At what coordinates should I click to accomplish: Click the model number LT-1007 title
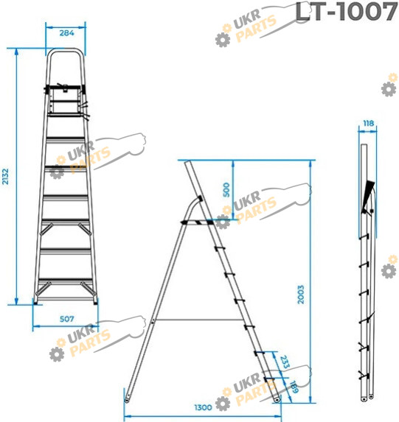pyautogui.click(x=346, y=12)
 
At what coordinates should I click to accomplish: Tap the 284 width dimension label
pyautogui.click(x=66, y=33)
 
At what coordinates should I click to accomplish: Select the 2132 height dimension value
pyautogui.click(x=5, y=177)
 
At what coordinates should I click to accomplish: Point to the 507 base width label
pyautogui.click(x=66, y=319)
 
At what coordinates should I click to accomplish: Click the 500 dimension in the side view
pyautogui.click(x=226, y=190)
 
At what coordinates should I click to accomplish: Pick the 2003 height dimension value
pyautogui.click(x=301, y=295)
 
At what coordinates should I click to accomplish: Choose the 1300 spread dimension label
pyautogui.click(x=203, y=407)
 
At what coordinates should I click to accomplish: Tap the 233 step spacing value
pyautogui.click(x=285, y=362)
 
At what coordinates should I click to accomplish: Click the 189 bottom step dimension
pyautogui.click(x=294, y=387)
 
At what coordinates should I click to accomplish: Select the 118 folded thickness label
pyautogui.click(x=368, y=123)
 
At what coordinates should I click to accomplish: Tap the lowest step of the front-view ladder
pyautogui.click(x=66, y=281)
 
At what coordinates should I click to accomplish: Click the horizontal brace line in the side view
pyautogui.click(x=199, y=320)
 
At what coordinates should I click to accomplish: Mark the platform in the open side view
pyautogui.click(x=198, y=222)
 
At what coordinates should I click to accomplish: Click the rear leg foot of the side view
pyautogui.click(x=127, y=399)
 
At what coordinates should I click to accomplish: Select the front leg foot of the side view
pyautogui.click(x=276, y=399)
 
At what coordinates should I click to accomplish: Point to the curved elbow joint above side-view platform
pyautogui.click(x=194, y=207)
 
